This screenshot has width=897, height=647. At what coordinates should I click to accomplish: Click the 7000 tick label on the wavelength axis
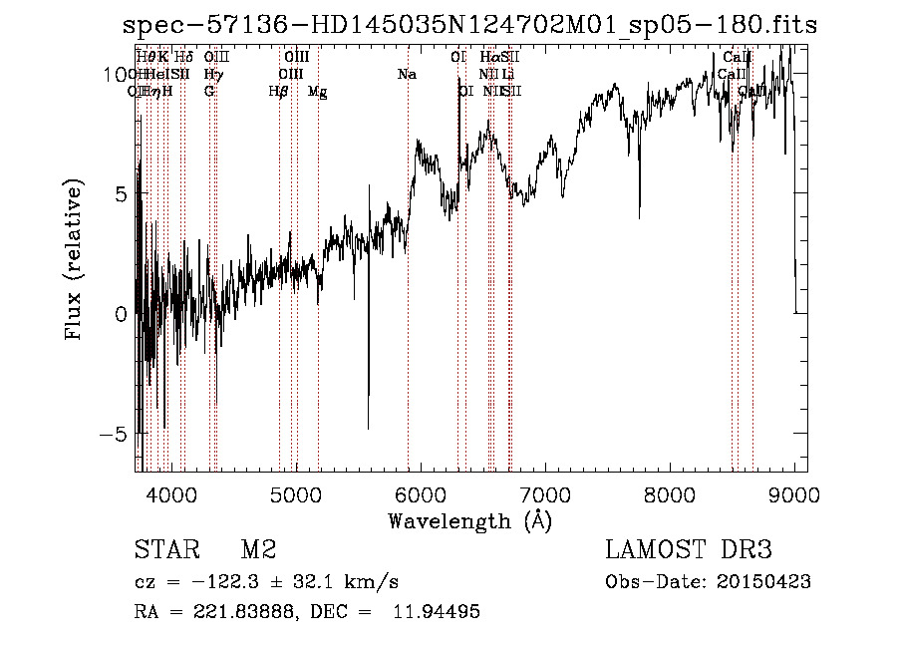544,493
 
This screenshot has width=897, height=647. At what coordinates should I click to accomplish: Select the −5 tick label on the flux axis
117,435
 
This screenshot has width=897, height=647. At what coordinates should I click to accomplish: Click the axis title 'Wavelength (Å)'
469,520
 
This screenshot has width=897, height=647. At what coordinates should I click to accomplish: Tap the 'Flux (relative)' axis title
74,260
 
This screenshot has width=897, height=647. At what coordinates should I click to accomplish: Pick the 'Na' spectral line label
407,74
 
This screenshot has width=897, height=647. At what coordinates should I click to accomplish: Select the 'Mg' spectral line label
317,92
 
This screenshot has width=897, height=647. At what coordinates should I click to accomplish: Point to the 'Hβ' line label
278,92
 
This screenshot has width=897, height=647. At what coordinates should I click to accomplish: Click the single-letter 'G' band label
209,92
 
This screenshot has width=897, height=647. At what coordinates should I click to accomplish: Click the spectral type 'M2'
258,550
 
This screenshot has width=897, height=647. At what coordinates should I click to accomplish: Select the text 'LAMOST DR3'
688,550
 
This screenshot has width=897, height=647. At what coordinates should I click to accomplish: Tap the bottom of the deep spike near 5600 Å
369,428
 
